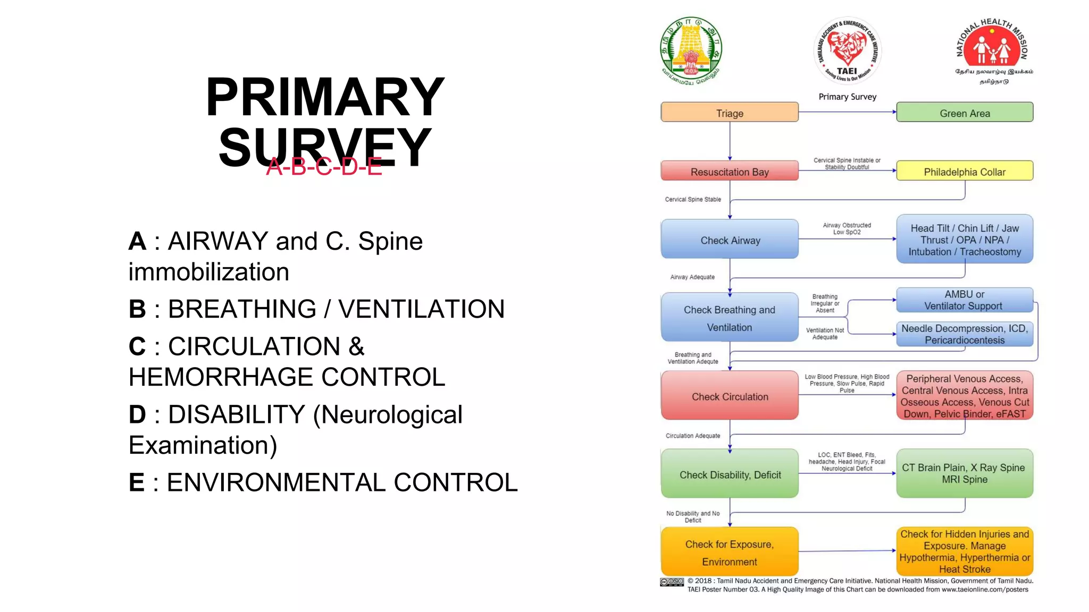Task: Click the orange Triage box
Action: [729, 113]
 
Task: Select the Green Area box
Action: [964, 113]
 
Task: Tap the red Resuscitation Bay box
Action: [729, 171]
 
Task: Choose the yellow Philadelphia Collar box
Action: [964, 171]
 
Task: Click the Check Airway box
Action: [729, 240]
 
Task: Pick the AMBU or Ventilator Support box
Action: [964, 300]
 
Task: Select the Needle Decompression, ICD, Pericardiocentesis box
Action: [964, 334]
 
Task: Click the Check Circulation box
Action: [729, 396]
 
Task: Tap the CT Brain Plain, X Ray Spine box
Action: [964, 473]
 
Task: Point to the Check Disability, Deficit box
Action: [729, 474]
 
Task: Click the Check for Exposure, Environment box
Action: [729, 552]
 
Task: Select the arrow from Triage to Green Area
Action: [847, 112]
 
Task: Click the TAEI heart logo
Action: [847, 50]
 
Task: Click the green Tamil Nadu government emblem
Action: [691, 49]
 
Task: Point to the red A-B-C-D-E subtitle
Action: [324, 167]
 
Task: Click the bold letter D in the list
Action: [137, 414]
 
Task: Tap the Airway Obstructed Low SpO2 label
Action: [847, 228]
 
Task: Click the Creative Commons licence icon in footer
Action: [672, 582]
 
